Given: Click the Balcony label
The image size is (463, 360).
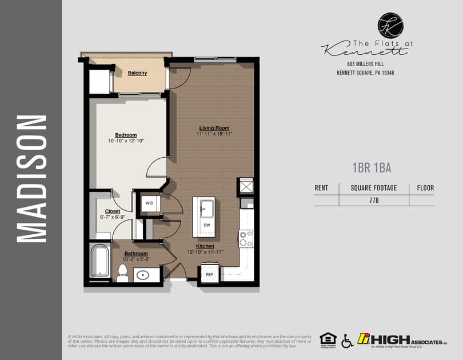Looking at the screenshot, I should tap(137, 73).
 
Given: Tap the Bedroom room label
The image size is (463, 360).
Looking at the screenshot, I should tap(126, 135).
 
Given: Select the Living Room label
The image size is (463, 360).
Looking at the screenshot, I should tap(214, 127).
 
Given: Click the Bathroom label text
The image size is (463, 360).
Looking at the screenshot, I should tap(137, 253).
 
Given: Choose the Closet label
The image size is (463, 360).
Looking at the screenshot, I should tap(112, 211).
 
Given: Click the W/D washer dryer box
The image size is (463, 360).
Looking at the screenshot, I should tap(150, 203).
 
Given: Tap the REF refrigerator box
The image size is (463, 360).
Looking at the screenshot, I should tap(209, 274).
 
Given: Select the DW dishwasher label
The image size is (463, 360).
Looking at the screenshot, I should tap(206, 225).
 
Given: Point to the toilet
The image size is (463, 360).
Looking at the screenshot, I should tap(122, 273).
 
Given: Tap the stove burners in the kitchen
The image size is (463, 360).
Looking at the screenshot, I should tap(246, 238).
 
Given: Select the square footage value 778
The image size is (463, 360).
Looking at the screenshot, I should tap(374, 201).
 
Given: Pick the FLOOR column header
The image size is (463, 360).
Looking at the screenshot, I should tap(425, 187).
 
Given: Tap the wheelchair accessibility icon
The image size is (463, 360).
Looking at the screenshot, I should tap(347, 341).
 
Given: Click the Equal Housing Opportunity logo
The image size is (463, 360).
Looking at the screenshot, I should tap(328, 339).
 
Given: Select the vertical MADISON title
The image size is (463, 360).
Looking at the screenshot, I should tap(31, 179).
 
